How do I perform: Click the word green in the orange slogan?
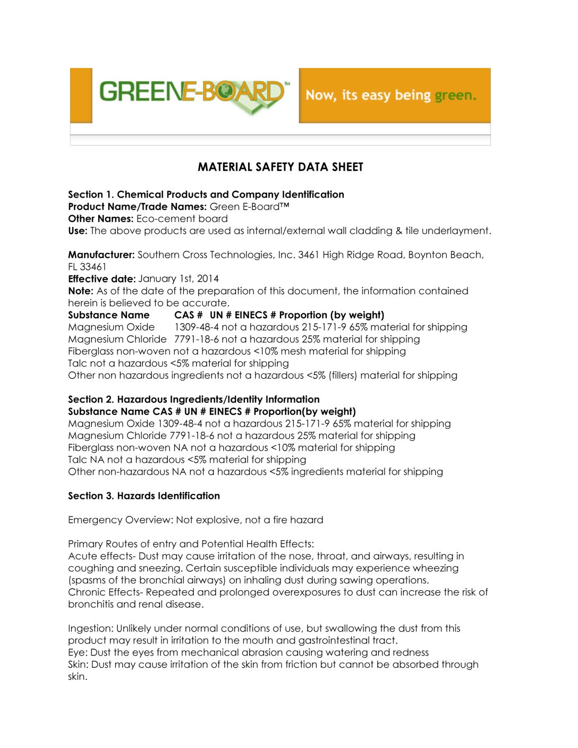coord(455,96)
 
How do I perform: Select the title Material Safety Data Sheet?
coord(280,167)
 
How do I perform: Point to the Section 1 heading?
coord(206,194)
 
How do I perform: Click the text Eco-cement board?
coord(182,218)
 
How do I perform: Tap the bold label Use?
coord(78,231)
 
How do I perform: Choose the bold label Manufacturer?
coord(101,254)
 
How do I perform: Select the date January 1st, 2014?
coord(178,278)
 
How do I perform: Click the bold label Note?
coord(81,291)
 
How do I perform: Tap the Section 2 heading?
coord(194,399)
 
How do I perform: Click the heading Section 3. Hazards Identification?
coord(144,496)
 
